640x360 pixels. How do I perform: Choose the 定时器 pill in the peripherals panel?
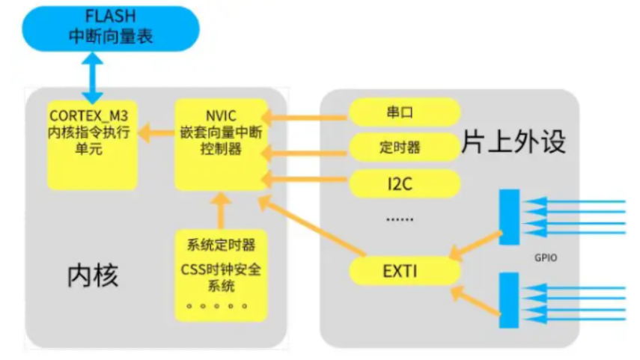(403, 147)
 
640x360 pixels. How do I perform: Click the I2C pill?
(403, 182)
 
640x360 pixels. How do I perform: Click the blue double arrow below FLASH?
(92, 77)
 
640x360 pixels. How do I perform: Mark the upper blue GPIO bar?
(509, 216)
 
